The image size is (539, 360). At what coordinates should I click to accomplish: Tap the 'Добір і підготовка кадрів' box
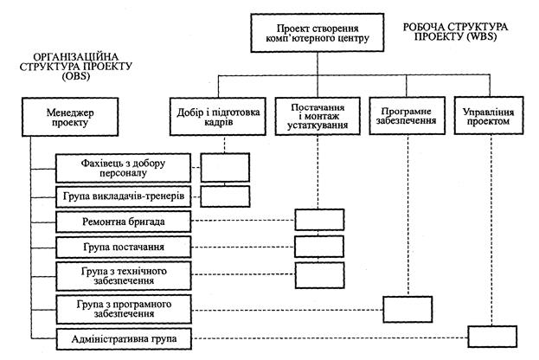pyautogui.click(x=220, y=118)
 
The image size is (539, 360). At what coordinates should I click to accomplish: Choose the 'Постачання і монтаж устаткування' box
pyautogui.click(x=317, y=118)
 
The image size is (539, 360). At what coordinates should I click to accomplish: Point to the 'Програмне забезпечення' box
pyautogui.click(x=405, y=118)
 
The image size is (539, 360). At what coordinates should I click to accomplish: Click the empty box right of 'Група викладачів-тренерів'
pyautogui.click(x=224, y=196)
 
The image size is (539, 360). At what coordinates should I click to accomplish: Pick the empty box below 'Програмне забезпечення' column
pyautogui.click(x=406, y=308)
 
